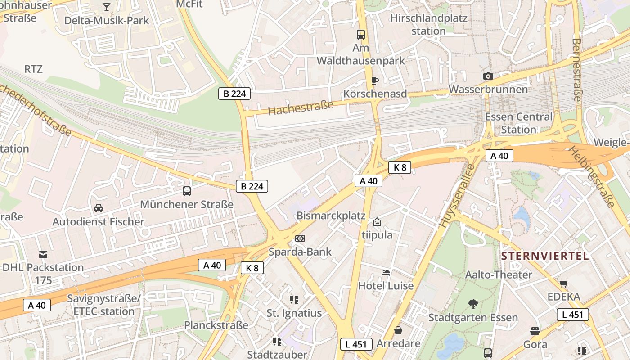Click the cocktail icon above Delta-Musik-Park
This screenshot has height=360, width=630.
[x=106, y=7]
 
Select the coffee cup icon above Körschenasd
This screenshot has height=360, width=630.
[x=374, y=81]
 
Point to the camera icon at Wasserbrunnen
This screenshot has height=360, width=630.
[x=488, y=76]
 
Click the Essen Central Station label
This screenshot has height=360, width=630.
[x=518, y=123]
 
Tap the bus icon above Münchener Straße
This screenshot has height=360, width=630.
[x=187, y=191]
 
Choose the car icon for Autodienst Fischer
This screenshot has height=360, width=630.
[x=99, y=208]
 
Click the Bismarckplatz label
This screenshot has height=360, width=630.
[x=331, y=216]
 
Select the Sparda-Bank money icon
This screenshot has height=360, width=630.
[x=300, y=238]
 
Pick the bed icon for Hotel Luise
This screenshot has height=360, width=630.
[x=386, y=272]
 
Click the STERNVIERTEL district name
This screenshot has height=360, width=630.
[x=545, y=256]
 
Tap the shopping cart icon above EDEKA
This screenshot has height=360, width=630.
[x=563, y=283]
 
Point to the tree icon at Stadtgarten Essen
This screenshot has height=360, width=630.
[x=473, y=304]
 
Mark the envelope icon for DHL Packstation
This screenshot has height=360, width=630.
[x=43, y=254]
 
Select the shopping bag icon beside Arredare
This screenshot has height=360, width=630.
[x=398, y=330]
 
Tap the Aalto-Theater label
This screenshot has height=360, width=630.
[x=499, y=274]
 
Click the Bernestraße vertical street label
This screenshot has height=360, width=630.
[x=577, y=69]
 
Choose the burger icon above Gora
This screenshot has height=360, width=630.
[x=535, y=331]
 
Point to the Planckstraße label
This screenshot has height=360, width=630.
[x=216, y=325]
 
